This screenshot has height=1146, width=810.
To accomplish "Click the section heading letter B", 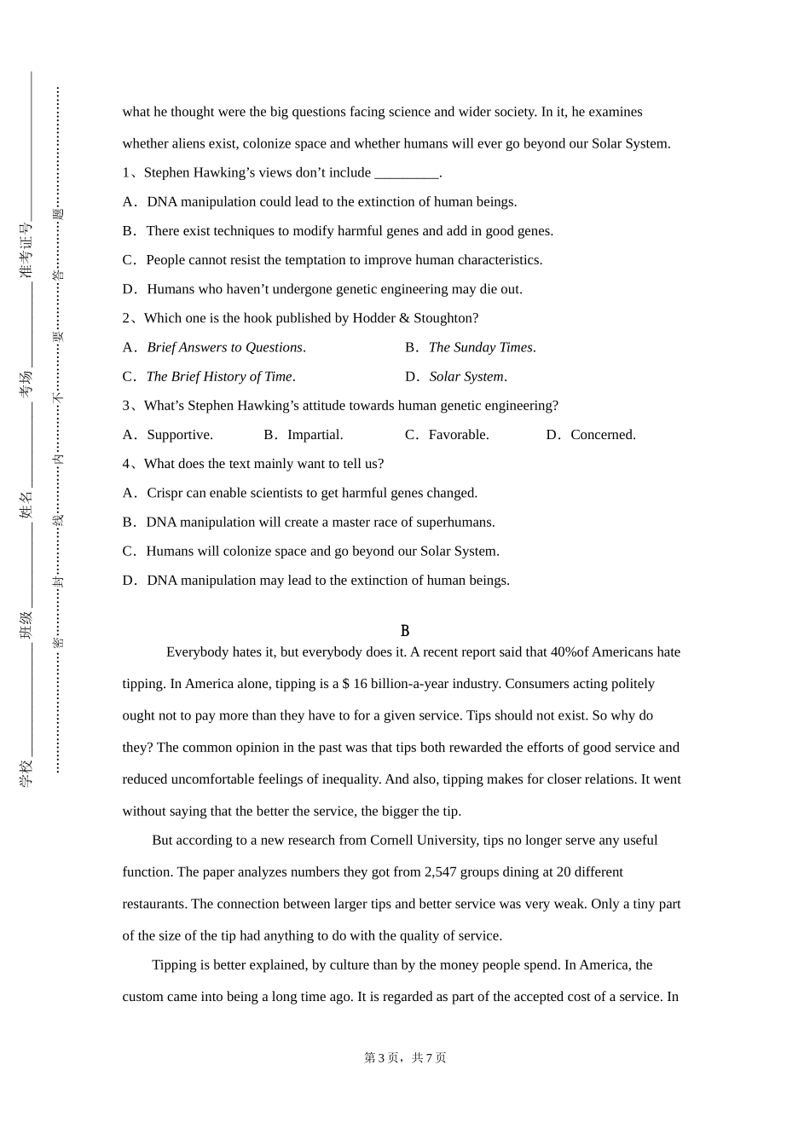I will pos(405,631).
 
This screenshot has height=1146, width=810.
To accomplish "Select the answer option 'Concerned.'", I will pos(603,435).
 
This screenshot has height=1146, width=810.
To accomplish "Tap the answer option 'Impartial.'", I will pos(315,435).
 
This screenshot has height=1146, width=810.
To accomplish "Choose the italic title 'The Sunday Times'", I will pos(481,347).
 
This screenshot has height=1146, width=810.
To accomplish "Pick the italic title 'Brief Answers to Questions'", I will pos(225,347).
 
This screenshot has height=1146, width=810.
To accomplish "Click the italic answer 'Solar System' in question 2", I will pos(466,376).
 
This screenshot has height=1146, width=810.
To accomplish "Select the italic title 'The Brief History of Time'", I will pos(219,376).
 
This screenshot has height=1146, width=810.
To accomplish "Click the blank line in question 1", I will pos(406,173).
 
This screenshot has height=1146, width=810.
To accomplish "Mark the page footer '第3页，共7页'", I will pos(405,1057).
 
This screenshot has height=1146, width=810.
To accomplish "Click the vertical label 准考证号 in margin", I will pos(26,251).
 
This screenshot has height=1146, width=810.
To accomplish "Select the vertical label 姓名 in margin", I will pos(26,505).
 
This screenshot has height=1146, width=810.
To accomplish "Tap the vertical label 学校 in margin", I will pos(26,773).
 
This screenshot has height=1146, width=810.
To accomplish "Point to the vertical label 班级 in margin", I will pos(26,625).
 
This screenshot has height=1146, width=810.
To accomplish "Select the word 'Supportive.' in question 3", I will pos(180,435).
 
